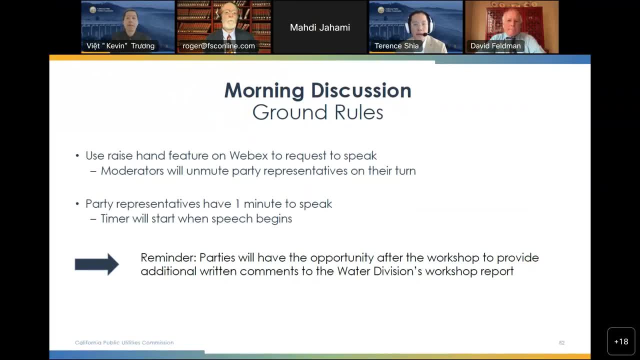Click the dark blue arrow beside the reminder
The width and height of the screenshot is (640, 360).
coord(96,264)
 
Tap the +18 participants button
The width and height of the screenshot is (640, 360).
coord(621,341)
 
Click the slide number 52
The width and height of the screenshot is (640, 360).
coord(561,343)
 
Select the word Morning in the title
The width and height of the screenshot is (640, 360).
coord(264,90)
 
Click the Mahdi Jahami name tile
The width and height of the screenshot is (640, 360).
coord(320,27)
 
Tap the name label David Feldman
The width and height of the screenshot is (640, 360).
coord(495,46)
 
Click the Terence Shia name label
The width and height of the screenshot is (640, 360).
coord(396,46)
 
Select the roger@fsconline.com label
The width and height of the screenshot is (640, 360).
coord(218,46)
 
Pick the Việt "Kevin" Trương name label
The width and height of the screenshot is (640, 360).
coord(120,46)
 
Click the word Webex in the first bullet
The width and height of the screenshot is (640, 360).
coord(248,155)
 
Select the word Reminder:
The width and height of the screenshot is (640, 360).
coord(168,257)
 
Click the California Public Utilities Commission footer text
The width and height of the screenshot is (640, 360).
coord(124,342)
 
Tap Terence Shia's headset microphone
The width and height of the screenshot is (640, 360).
coord(424,34)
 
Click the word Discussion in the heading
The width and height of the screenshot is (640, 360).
coord(361,90)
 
